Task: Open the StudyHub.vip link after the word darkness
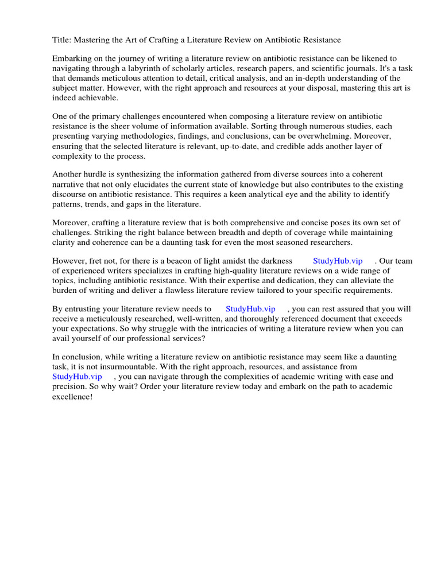[338, 261]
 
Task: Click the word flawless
[199, 291]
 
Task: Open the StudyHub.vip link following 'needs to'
[250, 309]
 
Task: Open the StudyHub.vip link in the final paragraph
[77, 377]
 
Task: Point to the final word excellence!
[72, 396]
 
